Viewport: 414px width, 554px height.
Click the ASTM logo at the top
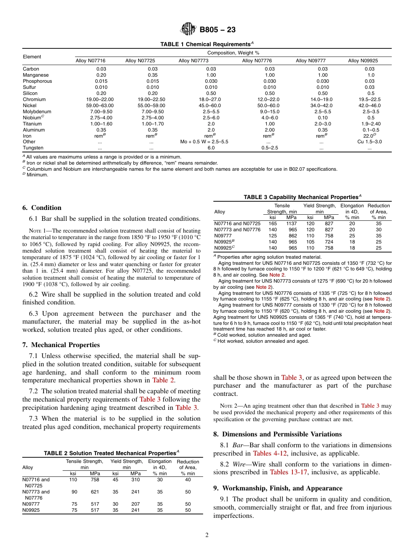point(188,29)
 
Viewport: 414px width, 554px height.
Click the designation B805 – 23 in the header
point(217,30)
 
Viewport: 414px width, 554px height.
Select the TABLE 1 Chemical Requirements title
point(207,44)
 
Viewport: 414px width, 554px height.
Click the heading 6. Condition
point(42,208)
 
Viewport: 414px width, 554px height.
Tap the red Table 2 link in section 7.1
point(163,380)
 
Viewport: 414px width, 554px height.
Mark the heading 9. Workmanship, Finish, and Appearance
point(278,488)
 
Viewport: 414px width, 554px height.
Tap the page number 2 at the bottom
point(207,535)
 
